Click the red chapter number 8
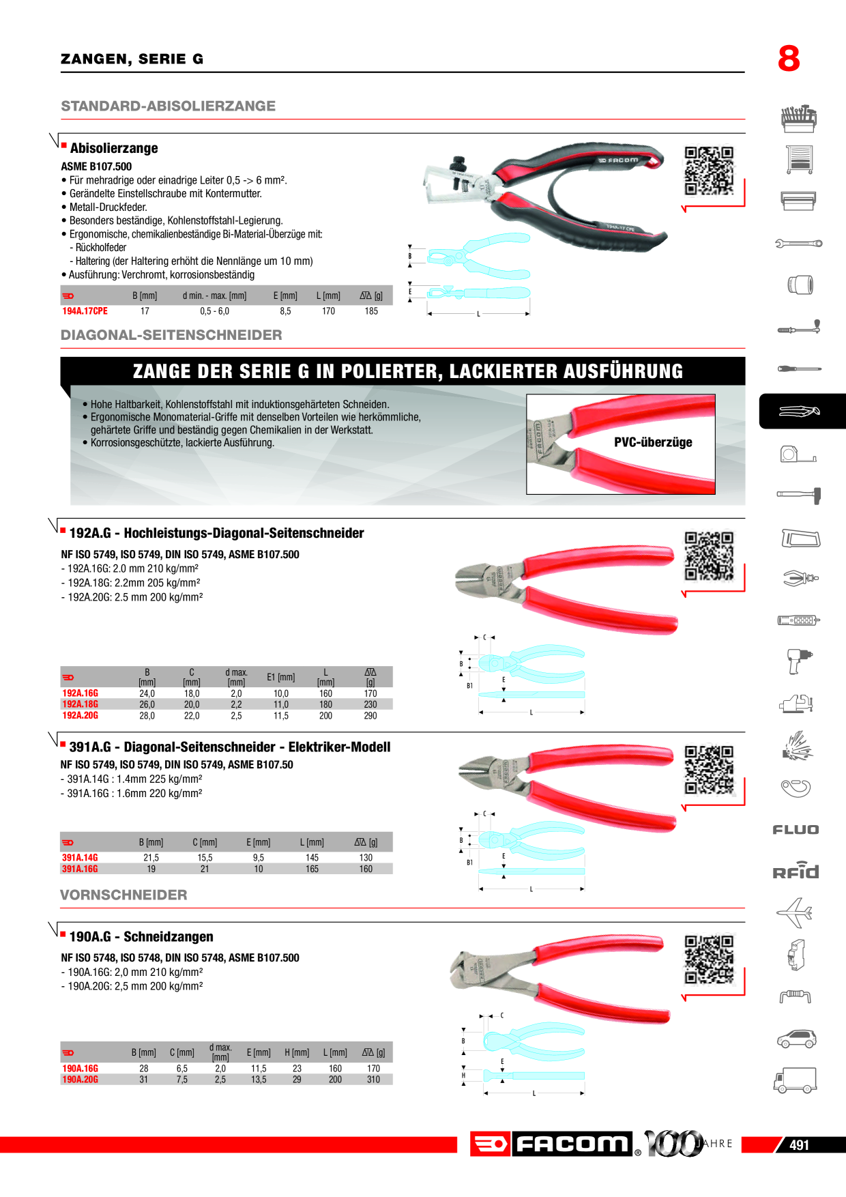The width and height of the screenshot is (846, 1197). (x=789, y=59)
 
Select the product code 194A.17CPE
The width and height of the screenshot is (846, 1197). (x=85, y=311)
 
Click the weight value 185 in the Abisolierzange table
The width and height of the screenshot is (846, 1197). (x=371, y=311)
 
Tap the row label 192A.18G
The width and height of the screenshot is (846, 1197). (x=81, y=704)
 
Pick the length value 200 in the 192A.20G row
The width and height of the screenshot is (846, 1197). (x=325, y=716)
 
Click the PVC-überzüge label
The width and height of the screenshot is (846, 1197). (x=653, y=442)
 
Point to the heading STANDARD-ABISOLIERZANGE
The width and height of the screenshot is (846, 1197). (x=169, y=106)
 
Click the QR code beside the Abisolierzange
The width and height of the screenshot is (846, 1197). (x=709, y=171)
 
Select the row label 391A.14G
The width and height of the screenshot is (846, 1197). (x=80, y=858)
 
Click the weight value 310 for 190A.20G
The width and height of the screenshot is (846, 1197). (x=373, y=1080)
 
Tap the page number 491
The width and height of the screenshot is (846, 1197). (x=799, y=1145)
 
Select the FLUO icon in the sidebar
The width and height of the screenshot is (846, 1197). (x=796, y=830)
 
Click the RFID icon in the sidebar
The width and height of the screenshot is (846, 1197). (x=796, y=871)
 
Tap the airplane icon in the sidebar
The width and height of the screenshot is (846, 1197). (x=795, y=913)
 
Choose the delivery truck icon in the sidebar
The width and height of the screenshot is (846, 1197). (x=796, y=1080)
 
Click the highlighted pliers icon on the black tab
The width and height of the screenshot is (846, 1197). (x=799, y=412)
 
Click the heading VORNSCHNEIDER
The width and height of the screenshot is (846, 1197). (x=123, y=895)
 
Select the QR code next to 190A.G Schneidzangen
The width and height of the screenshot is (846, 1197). (x=709, y=960)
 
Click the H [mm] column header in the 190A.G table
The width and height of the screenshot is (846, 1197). (x=297, y=1052)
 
